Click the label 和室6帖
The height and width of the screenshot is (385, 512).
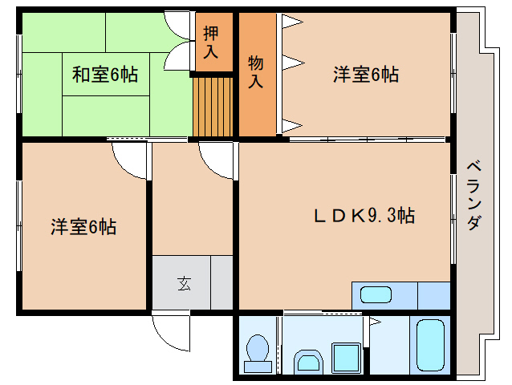105,75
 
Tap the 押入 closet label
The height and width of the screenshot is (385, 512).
211,43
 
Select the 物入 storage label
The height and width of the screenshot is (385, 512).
256,71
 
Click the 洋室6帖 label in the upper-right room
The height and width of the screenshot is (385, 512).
366,75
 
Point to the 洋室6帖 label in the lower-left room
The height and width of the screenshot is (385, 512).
83,227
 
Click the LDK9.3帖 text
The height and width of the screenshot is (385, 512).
364,216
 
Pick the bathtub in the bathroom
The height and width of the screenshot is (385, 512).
431,345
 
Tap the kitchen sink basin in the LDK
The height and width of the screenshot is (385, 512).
375,294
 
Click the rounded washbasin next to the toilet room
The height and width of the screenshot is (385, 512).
307,360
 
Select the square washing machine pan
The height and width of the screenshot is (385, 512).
347,356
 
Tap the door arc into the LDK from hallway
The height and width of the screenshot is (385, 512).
216,159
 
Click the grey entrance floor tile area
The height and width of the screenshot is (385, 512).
193,282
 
